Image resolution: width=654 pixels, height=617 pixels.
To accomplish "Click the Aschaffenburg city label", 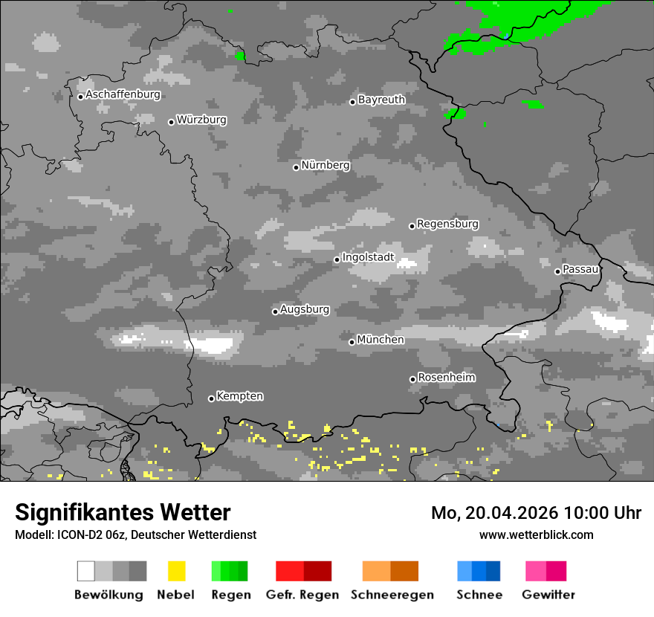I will [123, 95].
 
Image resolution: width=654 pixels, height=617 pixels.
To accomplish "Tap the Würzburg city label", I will [201, 120].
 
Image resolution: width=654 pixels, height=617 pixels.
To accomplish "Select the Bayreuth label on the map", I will [381, 100].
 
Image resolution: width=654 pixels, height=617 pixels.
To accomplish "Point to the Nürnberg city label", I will [326, 165].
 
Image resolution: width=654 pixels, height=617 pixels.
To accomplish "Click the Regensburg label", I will [447, 224].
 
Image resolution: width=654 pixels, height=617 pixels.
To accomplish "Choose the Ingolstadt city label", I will [369, 258].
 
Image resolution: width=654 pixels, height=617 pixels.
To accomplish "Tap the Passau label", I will [580, 269].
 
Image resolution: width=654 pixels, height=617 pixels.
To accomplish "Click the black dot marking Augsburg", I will [275, 311].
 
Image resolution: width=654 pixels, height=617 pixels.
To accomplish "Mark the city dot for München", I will [352, 342].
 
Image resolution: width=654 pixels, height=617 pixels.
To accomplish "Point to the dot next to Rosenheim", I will [412, 379].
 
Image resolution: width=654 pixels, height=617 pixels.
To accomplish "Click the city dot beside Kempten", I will [211, 398].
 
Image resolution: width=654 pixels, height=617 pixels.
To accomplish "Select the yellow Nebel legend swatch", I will [176, 571].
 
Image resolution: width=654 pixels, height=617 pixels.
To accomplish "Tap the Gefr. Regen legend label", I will [302, 595].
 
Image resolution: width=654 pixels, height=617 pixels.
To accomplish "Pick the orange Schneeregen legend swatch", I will [390, 571].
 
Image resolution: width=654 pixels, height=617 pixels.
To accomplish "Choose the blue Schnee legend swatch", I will [479, 571].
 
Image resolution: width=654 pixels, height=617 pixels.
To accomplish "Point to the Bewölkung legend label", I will [109, 595].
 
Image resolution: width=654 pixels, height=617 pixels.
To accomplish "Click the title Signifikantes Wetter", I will [123, 512].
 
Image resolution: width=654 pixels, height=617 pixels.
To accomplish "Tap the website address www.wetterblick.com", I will [536, 534].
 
